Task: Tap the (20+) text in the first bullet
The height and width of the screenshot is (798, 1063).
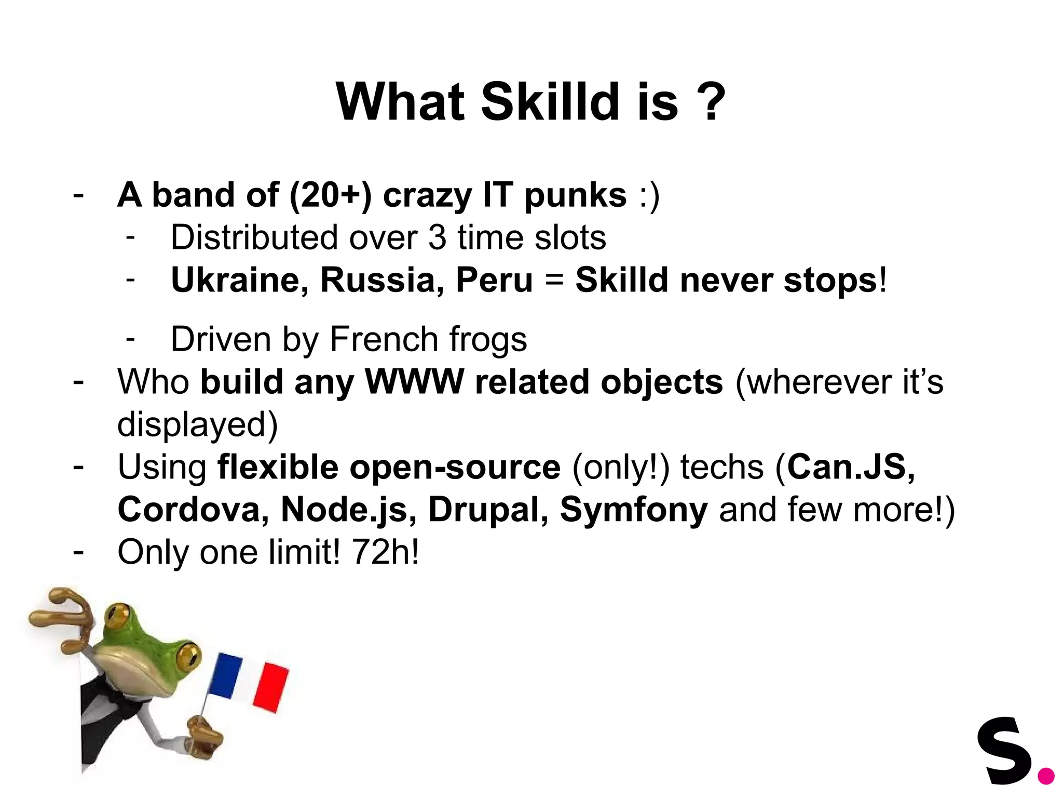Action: (x=331, y=196)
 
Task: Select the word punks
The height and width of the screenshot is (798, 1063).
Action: (x=575, y=196)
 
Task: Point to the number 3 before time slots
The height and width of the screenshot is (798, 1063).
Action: (x=437, y=238)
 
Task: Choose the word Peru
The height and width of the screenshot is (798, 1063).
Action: (x=494, y=281)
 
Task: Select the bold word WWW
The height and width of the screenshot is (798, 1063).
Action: (x=414, y=382)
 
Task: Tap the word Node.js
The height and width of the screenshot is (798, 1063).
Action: (x=349, y=510)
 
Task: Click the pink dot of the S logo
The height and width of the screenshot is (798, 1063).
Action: (x=1046, y=776)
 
